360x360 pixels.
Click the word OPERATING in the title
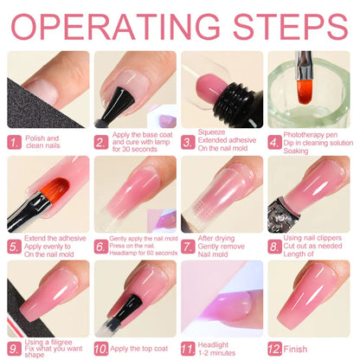tap(116, 26)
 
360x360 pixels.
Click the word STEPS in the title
tap(291, 26)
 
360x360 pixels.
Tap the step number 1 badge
tap(15, 143)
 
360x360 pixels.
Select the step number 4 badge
tap(274, 143)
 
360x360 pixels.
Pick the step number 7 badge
tap(188, 247)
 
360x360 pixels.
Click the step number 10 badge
tap(101, 349)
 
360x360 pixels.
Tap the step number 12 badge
tap(274, 349)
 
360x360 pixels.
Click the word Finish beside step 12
tap(295, 349)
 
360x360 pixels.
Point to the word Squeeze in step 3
tap(211, 132)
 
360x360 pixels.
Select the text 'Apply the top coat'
tap(139, 349)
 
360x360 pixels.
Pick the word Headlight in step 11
tap(213, 345)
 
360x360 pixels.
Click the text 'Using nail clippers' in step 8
tap(312, 238)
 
